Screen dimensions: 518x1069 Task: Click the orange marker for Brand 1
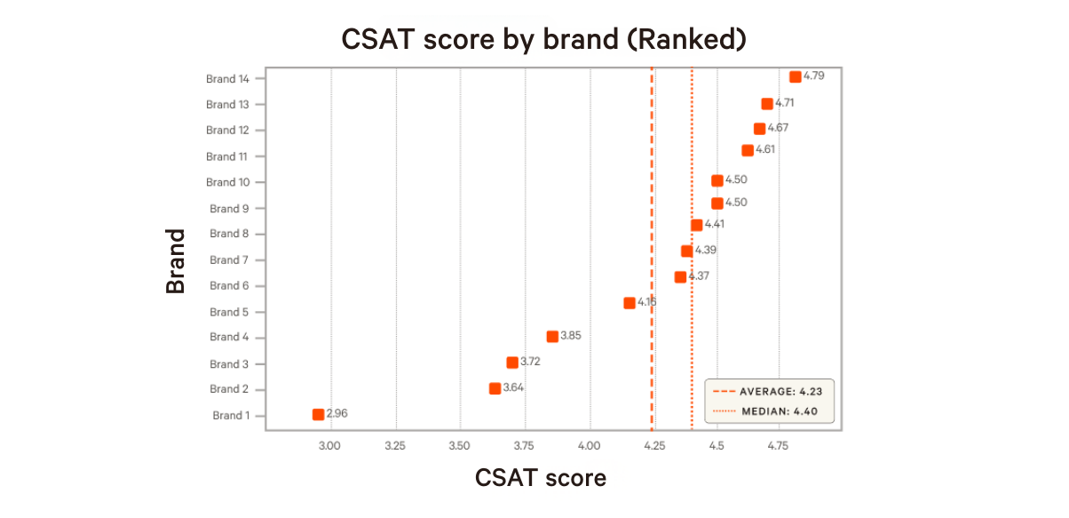point(318,414)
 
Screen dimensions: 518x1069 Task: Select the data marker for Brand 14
point(795,76)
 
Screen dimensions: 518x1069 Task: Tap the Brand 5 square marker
point(630,303)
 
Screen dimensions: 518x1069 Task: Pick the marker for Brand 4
point(552,337)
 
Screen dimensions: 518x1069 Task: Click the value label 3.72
point(530,362)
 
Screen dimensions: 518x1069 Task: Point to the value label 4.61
point(765,149)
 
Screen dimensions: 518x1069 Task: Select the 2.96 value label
point(337,413)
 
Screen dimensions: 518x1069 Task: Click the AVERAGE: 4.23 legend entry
point(769,391)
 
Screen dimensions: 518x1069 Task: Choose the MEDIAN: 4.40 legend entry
point(769,411)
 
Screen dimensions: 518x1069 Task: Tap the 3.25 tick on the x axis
point(395,444)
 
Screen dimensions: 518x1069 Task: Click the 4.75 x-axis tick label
point(779,444)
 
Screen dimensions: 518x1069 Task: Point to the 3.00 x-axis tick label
point(330,444)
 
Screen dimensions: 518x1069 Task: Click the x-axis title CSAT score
point(540,477)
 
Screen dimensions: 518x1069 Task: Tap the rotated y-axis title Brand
point(176,261)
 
